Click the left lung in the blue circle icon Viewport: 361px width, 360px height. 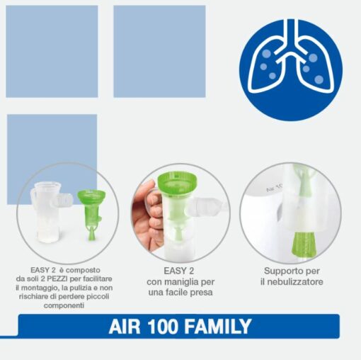268,72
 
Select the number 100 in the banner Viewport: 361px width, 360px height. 164,327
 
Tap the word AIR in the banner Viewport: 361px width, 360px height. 125,327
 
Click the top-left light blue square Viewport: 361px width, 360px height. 52,51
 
